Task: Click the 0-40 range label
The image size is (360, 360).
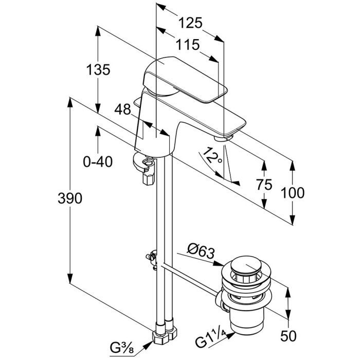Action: point(98,163)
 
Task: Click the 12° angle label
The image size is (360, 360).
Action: point(212,155)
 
